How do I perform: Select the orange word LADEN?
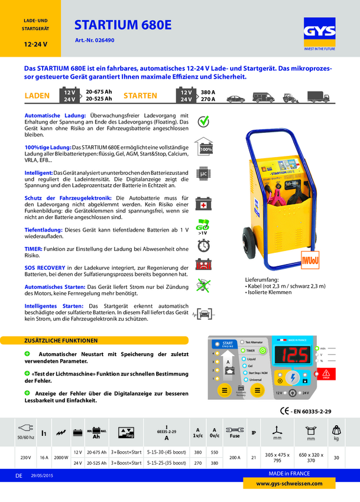point(37,95)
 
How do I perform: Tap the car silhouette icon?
point(235,99)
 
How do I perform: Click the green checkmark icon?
point(204,120)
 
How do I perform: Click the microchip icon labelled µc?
point(204,174)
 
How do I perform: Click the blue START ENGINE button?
point(225,344)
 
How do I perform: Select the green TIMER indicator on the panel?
point(264,350)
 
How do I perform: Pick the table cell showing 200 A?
point(234,457)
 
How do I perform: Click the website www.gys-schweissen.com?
point(297,483)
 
